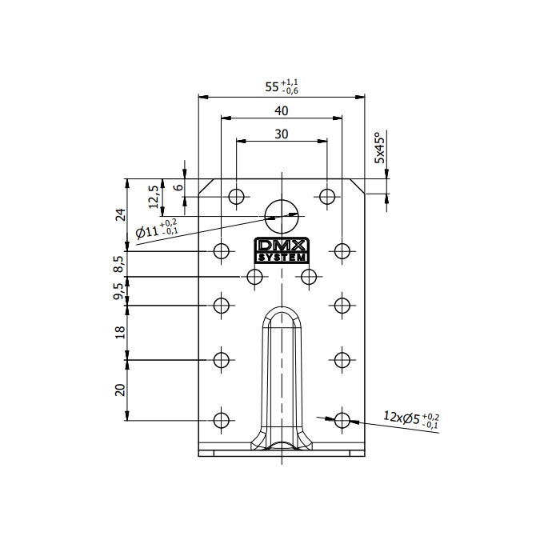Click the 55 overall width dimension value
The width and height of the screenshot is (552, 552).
click(x=282, y=86)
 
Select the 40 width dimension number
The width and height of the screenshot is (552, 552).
click(x=282, y=111)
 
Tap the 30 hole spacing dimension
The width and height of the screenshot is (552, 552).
click(x=282, y=134)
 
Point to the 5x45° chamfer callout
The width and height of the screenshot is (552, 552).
click(x=380, y=148)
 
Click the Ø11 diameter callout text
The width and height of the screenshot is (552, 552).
click(x=157, y=229)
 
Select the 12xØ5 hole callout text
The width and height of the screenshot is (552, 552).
click(x=411, y=420)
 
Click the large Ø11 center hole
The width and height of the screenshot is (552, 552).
click(x=282, y=217)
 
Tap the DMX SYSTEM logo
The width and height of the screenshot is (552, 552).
click(x=282, y=250)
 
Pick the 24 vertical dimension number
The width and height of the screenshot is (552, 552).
click(x=121, y=214)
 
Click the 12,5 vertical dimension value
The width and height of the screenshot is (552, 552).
click(x=154, y=197)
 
